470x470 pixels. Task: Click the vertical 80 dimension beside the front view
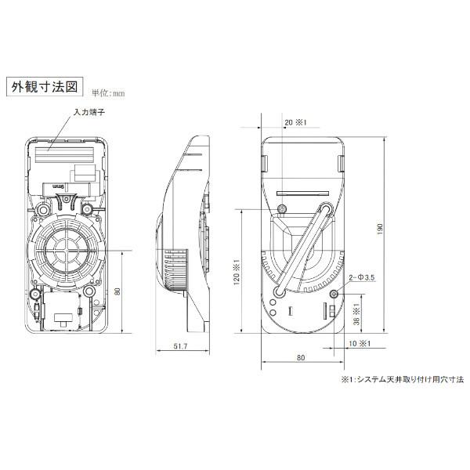(x=117, y=291)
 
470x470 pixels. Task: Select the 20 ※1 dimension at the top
(x=295, y=122)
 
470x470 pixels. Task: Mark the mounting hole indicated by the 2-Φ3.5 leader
(x=334, y=294)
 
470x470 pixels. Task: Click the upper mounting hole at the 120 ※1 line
(x=283, y=208)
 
